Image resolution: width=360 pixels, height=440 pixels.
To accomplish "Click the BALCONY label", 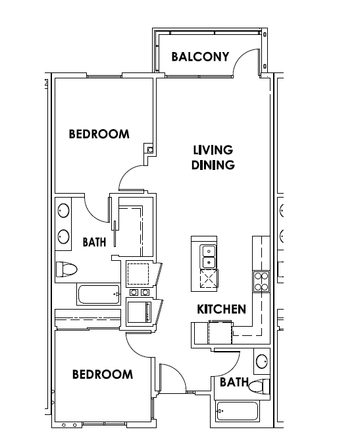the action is click(x=200, y=57).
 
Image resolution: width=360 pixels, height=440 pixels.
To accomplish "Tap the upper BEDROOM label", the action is click(x=99, y=134).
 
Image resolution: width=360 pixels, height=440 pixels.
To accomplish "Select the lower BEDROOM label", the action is click(x=103, y=374).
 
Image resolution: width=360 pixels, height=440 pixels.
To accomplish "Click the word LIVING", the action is click(x=213, y=150).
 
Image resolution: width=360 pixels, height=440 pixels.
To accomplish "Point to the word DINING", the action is click(x=213, y=165).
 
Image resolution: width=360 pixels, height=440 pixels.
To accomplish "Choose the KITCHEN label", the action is click(x=222, y=309).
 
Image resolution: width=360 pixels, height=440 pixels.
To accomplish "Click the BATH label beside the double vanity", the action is click(x=95, y=242).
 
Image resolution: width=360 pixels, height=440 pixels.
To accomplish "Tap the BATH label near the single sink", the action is click(x=234, y=382).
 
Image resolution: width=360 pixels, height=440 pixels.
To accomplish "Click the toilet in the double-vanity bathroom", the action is click(x=66, y=269).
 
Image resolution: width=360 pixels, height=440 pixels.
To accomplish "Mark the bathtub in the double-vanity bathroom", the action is click(x=99, y=294).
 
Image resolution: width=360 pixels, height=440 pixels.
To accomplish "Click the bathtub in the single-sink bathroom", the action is click(x=238, y=411).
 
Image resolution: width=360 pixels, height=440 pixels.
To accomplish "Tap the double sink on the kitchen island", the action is click(x=209, y=256).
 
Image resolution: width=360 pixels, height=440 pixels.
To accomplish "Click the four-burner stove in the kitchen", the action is click(x=261, y=282).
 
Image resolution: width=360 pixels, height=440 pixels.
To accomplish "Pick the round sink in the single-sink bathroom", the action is click(x=262, y=361).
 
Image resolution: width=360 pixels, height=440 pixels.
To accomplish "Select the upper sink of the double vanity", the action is click(x=64, y=211).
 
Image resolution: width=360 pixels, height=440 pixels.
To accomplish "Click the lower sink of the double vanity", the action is click(x=64, y=236).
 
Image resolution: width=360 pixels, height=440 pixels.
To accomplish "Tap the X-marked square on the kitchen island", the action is click(x=209, y=279).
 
